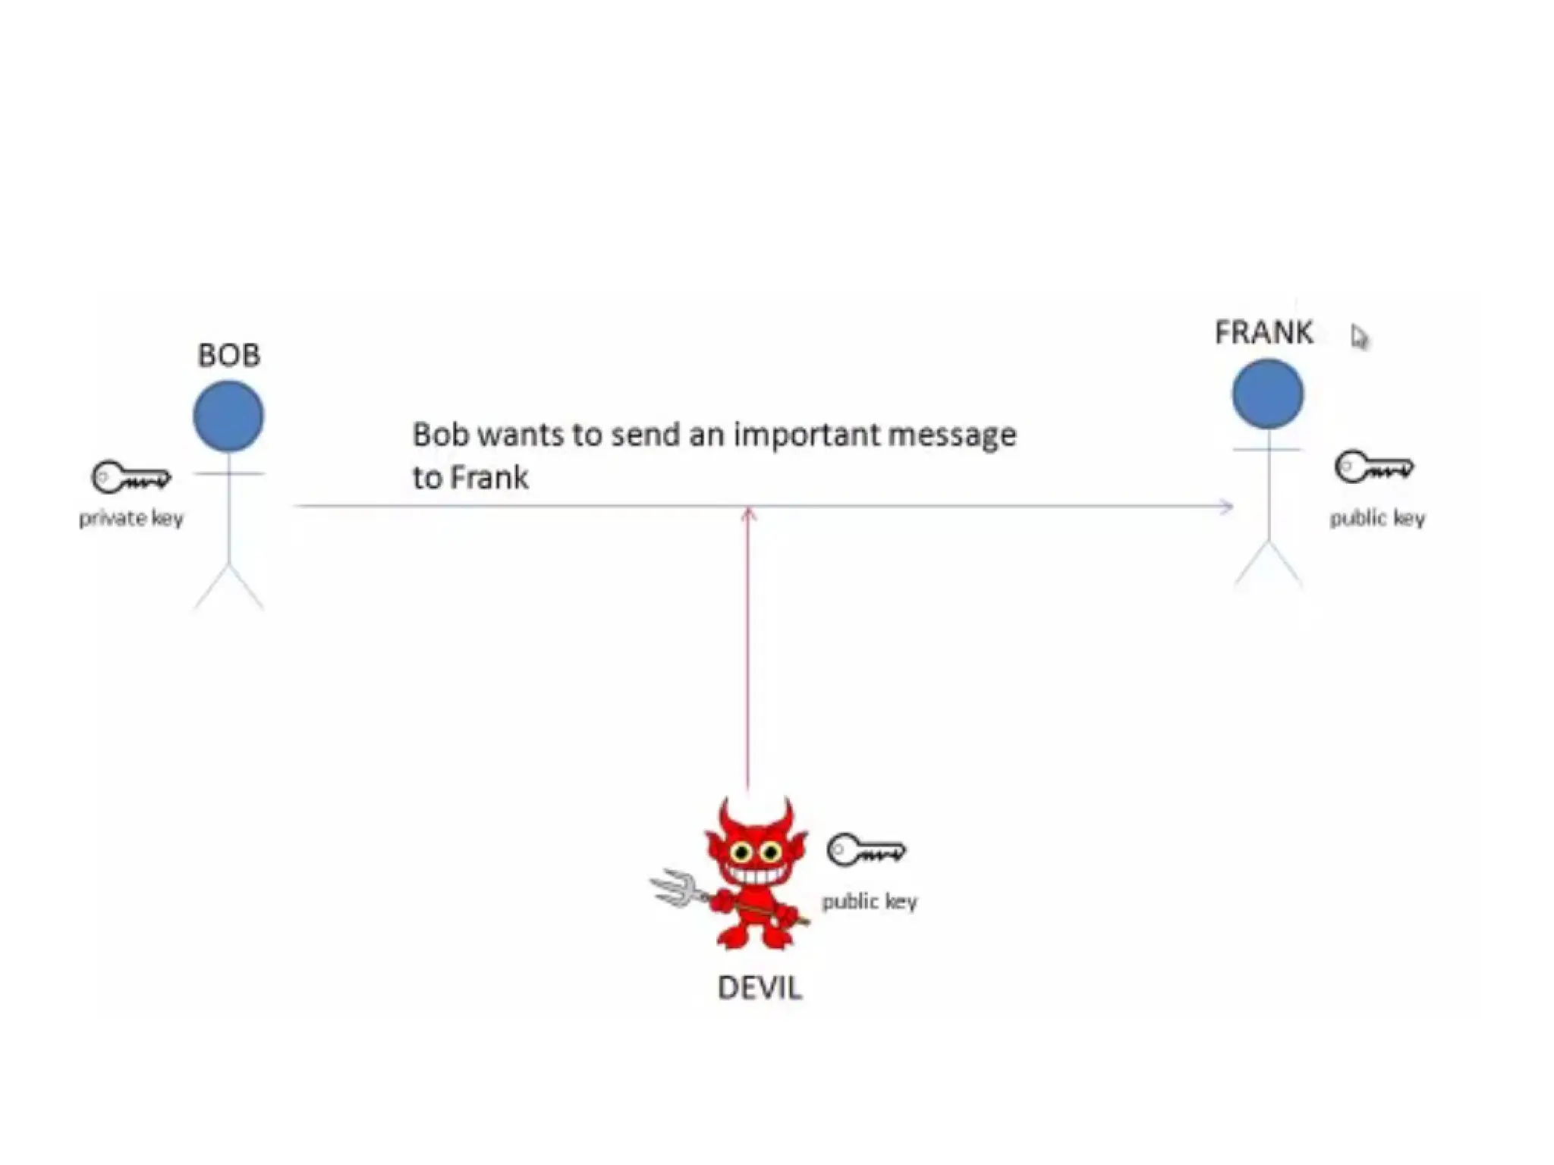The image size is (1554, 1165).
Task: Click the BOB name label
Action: pyautogui.click(x=228, y=355)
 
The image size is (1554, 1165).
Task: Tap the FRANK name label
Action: pyautogui.click(x=1263, y=332)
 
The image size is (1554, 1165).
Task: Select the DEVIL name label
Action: pyautogui.click(x=760, y=988)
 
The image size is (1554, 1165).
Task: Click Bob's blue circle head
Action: pyautogui.click(x=228, y=416)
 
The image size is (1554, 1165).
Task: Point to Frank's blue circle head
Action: pyautogui.click(x=1267, y=394)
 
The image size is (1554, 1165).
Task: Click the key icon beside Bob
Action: pyautogui.click(x=131, y=478)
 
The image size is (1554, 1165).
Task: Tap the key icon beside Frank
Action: pyautogui.click(x=1374, y=467)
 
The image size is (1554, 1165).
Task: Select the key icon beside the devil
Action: pyautogui.click(x=866, y=849)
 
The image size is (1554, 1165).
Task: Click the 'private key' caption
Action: pyautogui.click(x=131, y=518)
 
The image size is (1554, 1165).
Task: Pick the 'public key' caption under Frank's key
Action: pyautogui.click(x=1377, y=518)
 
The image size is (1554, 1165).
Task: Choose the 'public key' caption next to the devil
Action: pyautogui.click(x=870, y=901)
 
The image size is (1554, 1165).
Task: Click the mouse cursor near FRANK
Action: pyautogui.click(x=1358, y=337)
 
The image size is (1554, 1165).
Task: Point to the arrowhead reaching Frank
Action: pyautogui.click(x=1226, y=506)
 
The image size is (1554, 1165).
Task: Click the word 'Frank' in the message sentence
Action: pyautogui.click(x=489, y=478)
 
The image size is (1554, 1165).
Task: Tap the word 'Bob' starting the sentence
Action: pyautogui.click(x=441, y=435)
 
